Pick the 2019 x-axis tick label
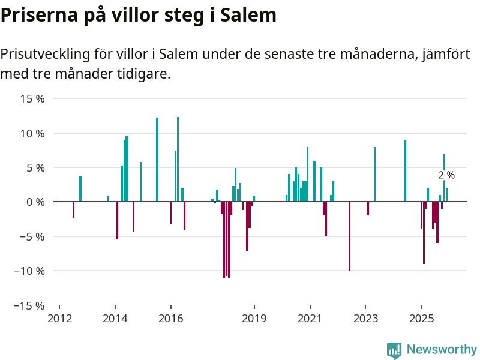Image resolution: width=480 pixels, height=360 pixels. [254, 319]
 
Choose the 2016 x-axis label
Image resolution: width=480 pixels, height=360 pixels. [170, 319]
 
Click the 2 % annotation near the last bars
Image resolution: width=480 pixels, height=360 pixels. [446, 175]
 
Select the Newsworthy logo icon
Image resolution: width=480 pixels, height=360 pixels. [394, 350]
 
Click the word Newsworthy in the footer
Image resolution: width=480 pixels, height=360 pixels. [442, 349]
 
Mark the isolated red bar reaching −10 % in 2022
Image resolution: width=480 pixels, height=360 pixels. [349, 236]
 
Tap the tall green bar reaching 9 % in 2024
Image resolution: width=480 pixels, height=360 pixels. [405, 171]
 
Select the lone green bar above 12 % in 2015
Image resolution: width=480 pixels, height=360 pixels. [157, 160]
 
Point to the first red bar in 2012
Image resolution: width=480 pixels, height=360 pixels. [73, 210]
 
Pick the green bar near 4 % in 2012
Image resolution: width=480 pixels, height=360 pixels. [80, 189]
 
